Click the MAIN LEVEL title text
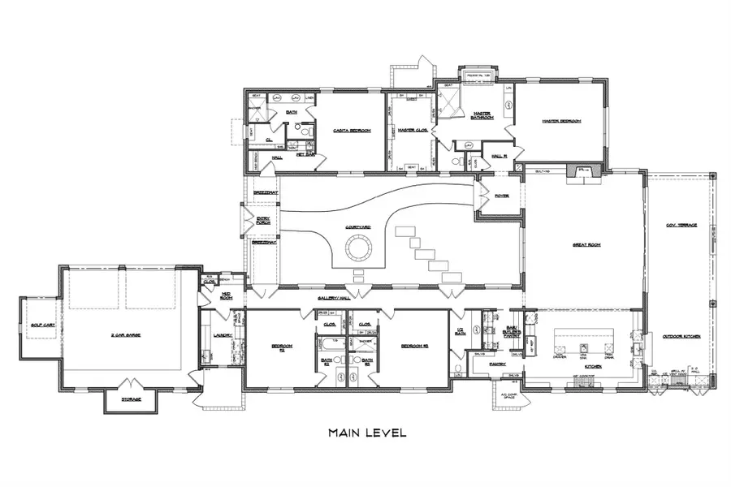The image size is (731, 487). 366,433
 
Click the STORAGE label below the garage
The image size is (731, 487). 131,399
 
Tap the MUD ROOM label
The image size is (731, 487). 226,298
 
